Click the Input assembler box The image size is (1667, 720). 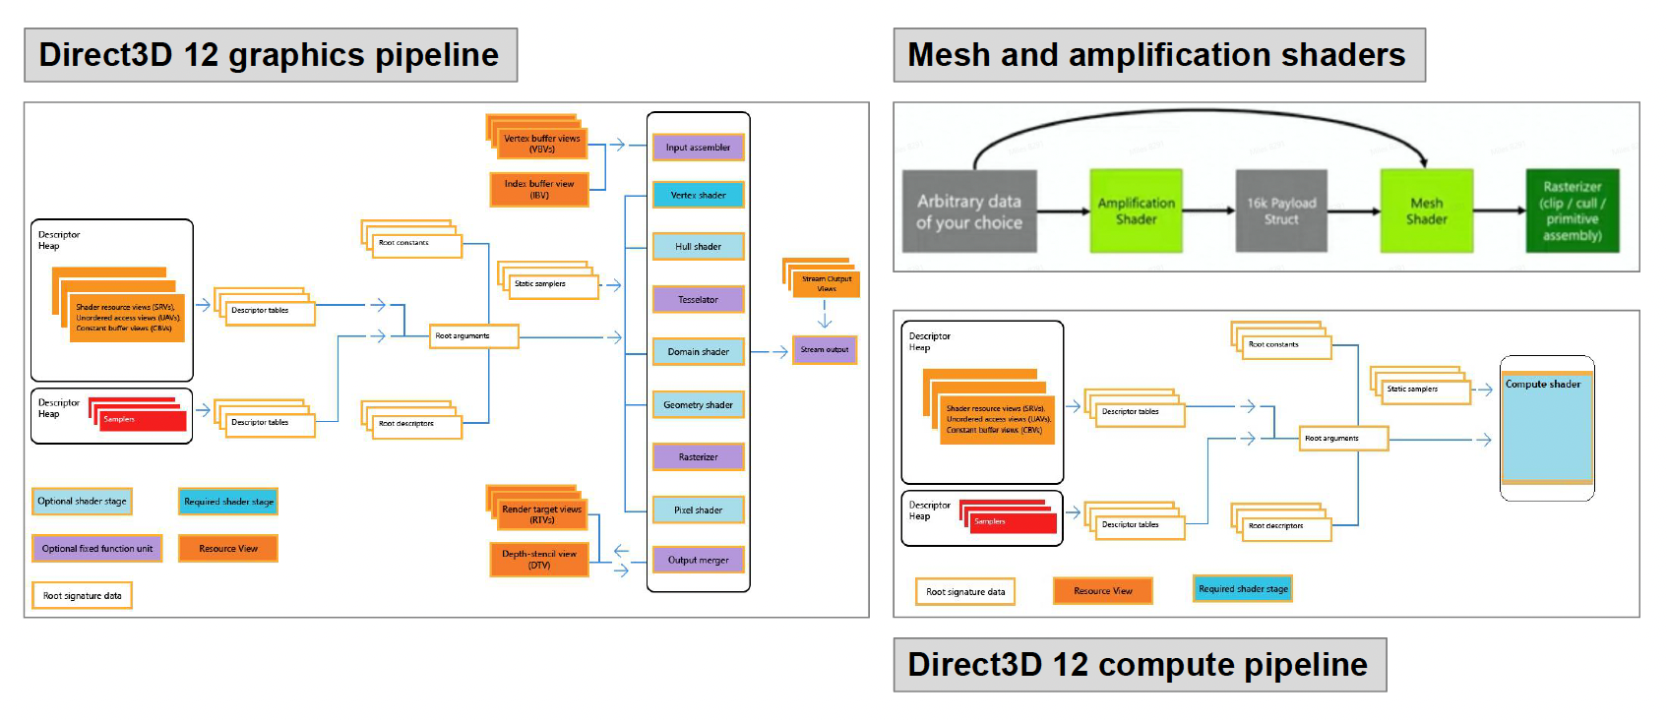pos(698,148)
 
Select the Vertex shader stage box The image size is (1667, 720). pos(698,195)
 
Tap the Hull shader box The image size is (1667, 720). pos(698,247)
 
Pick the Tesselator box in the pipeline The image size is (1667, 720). pos(698,299)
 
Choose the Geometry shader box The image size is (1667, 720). pos(698,404)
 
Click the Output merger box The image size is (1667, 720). pos(698,560)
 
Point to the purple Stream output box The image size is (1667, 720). pos(825,350)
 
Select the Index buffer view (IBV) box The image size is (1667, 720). pos(539,190)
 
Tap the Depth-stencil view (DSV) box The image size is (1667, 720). pos(539,560)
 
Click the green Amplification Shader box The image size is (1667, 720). pos(1136,210)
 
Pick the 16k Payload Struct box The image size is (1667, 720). pos(1281,210)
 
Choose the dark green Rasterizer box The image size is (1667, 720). pos(1572,210)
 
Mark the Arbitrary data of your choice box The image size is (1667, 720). pos(969,210)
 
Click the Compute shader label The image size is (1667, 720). pos(1543,385)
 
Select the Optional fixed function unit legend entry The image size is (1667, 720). pos(96,549)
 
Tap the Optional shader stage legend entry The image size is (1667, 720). pos(82,502)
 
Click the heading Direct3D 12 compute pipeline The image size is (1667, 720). pos(1139,665)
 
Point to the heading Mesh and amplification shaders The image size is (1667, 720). pos(1157,55)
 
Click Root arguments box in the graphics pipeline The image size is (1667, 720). pos(473,336)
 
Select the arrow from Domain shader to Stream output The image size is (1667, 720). pos(769,351)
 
